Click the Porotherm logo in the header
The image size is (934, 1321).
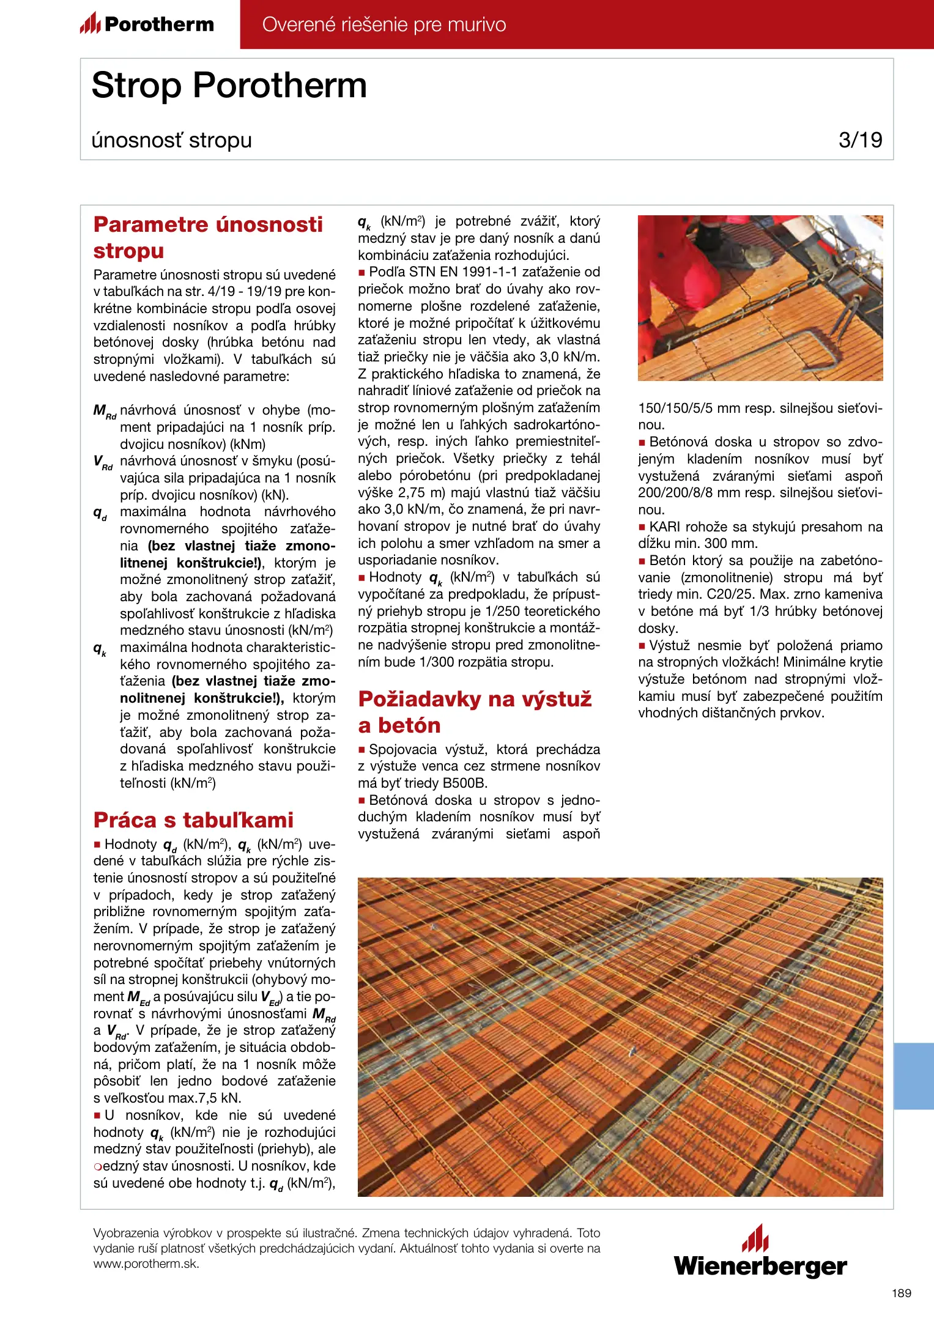pyautogui.click(x=147, y=24)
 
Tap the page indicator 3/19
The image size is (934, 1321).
pyautogui.click(x=860, y=140)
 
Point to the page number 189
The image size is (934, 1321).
pyautogui.click(x=901, y=1293)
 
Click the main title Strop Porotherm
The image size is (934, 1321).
pyautogui.click(x=229, y=85)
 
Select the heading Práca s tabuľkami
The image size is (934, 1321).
pyautogui.click(x=193, y=820)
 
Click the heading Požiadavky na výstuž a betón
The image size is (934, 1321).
pyautogui.click(x=475, y=712)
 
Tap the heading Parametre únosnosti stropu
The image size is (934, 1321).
pyautogui.click(x=208, y=237)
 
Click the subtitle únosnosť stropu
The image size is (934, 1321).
pyautogui.click(x=171, y=140)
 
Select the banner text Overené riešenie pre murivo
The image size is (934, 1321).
pyautogui.click(x=384, y=24)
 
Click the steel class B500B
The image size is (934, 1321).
pyautogui.click(x=465, y=783)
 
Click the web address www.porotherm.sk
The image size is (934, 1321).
pyautogui.click(x=146, y=1264)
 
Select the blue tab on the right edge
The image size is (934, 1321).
pyautogui.click(x=913, y=1076)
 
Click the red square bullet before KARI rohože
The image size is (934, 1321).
pyautogui.click(x=642, y=527)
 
